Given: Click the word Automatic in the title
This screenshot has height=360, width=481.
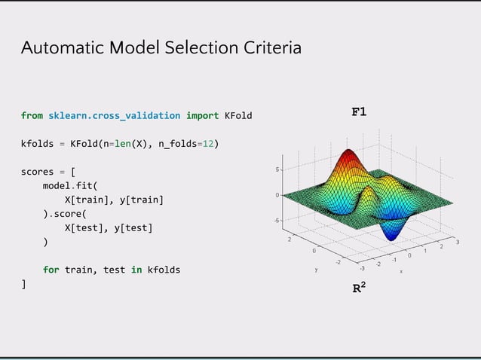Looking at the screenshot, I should click(x=63, y=48).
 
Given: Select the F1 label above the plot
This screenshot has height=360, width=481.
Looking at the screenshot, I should click(x=359, y=112).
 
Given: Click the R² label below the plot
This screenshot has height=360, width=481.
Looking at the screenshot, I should click(x=360, y=288).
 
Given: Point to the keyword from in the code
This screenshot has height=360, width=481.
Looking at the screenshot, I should click(x=32, y=115).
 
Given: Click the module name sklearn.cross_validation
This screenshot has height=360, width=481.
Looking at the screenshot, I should click(x=114, y=115).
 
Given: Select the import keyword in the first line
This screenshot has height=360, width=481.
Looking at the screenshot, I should click(x=202, y=115).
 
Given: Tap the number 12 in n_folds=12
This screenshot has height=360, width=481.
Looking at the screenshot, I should click(x=210, y=143).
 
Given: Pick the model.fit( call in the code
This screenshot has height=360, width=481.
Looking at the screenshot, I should click(x=70, y=185).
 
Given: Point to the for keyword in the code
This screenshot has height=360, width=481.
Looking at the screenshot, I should click(x=51, y=270).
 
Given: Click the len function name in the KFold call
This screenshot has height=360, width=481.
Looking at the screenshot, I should click(x=121, y=143).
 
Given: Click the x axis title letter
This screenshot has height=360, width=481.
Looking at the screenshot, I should click(x=401, y=271).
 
